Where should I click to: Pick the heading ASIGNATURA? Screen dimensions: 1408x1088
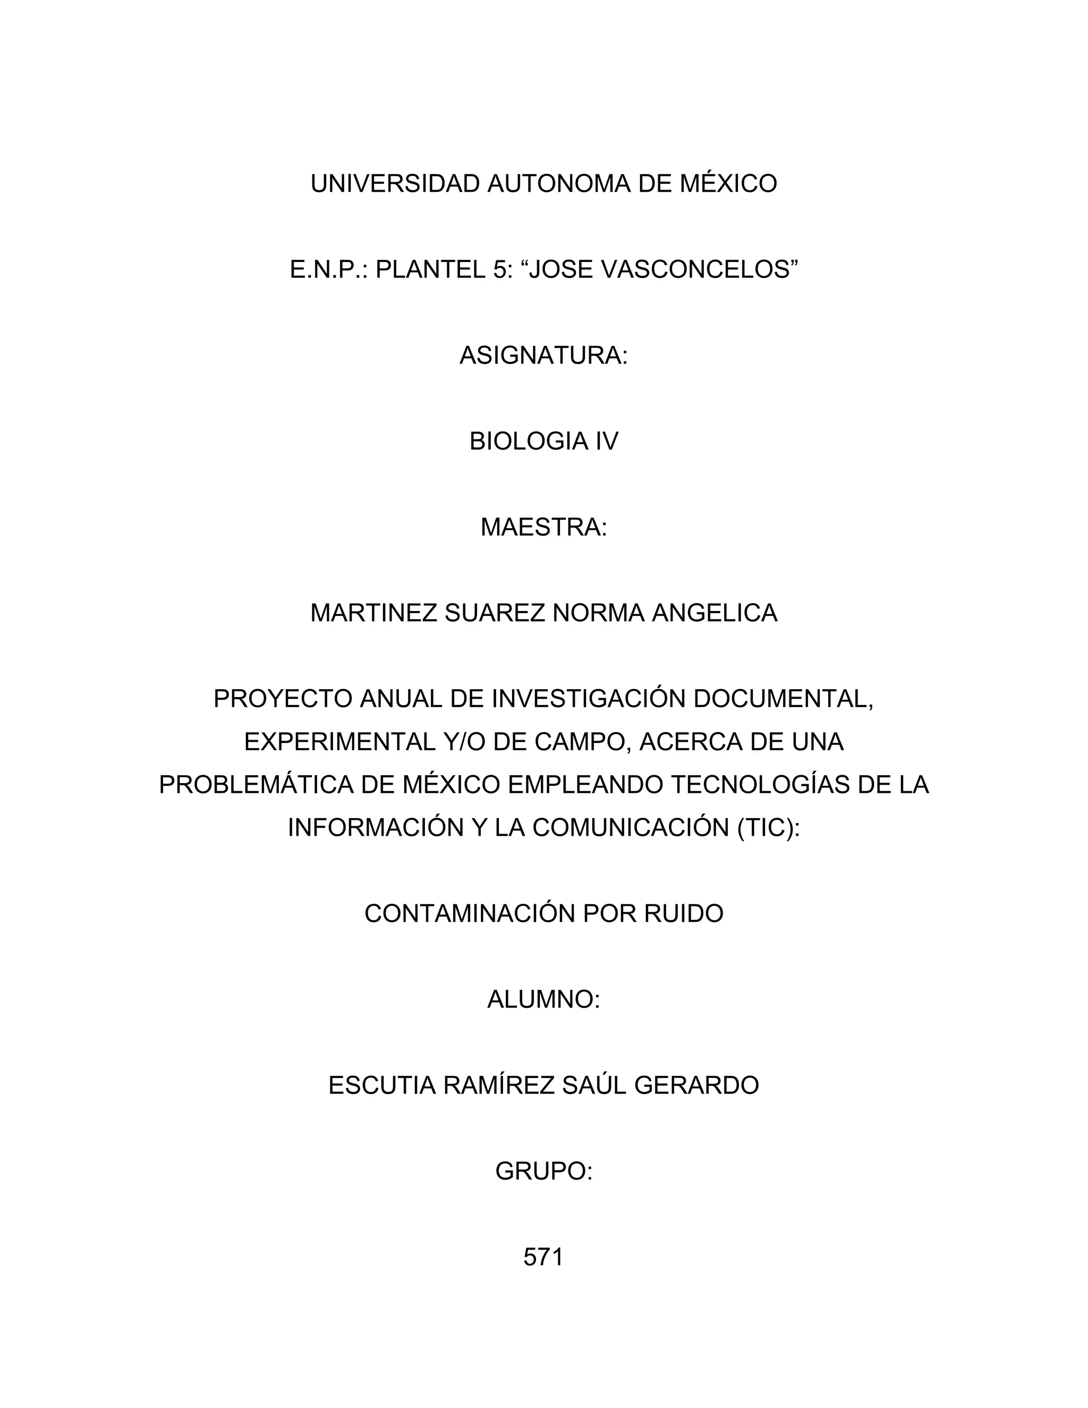(x=543, y=355)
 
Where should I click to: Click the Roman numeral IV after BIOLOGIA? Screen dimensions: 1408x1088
(x=607, y=442)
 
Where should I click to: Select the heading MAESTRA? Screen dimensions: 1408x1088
(x=543, y=528)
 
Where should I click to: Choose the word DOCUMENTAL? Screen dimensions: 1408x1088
(x=783, y=699)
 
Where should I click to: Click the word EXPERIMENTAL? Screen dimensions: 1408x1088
(x=339, y=742)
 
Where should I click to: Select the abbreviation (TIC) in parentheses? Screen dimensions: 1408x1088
(x=767, y=828)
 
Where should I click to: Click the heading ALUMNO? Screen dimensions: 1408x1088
(x=543, y=1000)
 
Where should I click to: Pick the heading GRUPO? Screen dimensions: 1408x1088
(x=543, y=1172)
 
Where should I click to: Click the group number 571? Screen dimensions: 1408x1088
(x=543, y=1258)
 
